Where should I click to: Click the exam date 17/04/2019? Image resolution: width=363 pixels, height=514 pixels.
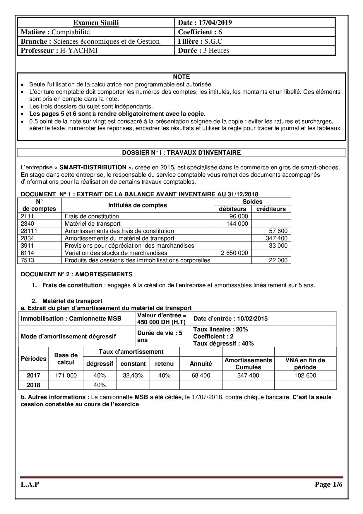215,23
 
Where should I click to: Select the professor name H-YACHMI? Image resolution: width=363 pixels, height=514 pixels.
79,50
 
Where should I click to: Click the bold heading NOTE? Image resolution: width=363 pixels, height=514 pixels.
181,77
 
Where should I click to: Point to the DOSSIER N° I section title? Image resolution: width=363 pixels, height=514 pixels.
181,153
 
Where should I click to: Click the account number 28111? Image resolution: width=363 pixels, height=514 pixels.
29,231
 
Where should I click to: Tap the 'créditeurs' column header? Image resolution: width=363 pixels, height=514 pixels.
271,209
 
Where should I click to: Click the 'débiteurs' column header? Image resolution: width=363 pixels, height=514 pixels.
233,209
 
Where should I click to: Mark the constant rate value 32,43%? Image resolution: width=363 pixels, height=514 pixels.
133,375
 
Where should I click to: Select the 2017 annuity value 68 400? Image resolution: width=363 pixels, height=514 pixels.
201,375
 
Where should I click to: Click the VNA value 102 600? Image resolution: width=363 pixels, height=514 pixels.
305,375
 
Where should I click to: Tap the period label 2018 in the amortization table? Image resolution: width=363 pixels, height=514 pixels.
34,385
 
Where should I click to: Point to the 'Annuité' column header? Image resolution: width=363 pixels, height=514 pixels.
201,364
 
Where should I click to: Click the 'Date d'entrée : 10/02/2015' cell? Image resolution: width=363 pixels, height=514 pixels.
231,319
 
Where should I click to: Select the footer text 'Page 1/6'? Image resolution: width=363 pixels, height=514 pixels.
328,485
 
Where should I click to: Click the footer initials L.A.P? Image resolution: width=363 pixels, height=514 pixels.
30,485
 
